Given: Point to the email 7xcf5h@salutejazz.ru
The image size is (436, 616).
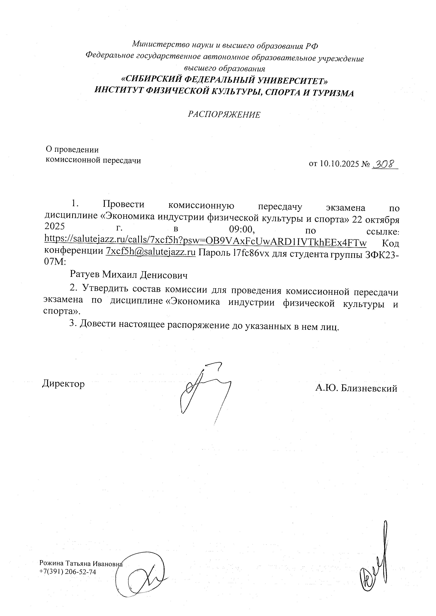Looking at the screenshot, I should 151,251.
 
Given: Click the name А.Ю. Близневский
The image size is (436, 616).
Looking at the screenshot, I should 356,388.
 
